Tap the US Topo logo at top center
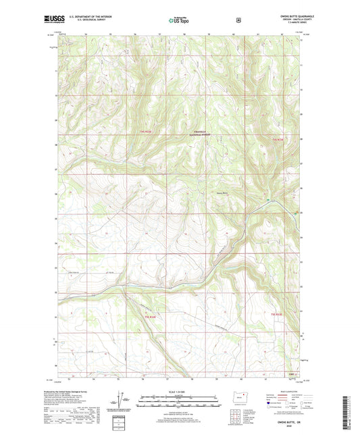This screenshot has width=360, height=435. point(179,20)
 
